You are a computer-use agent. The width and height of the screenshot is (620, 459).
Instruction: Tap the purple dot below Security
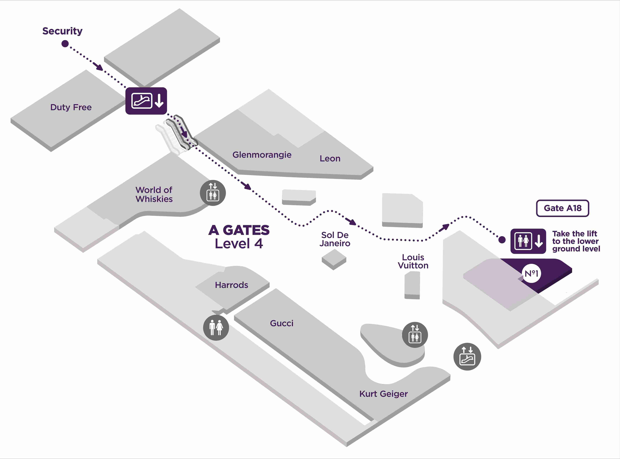click(x=65, y=44)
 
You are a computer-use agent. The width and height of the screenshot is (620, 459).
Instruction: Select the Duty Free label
click(x=71, y=107)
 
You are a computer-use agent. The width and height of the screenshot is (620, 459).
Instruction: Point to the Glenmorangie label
click(x=262, y=155)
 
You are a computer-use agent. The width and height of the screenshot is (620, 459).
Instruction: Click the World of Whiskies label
click(x=154, y=195)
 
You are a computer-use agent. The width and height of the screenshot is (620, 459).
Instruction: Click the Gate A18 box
click(x=562, y=208)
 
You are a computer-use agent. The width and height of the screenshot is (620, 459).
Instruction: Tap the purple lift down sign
click(x=528, y=241)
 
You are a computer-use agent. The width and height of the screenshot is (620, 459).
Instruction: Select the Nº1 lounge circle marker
click(x=531, y=273)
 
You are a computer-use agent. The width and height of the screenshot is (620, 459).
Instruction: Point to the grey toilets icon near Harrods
click(x=216, y=328)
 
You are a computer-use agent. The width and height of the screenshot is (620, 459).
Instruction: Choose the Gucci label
click(x=282, y=323)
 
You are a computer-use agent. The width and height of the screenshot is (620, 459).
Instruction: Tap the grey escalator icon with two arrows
click(x=467, y=357)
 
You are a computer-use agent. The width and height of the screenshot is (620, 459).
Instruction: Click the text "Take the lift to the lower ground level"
click(x=576, y=241)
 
